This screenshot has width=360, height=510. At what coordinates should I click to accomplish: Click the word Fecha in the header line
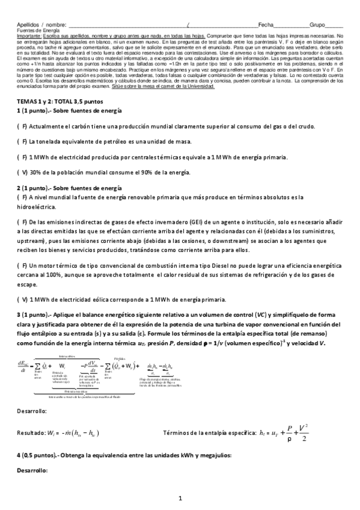pyautogui.click(x=265, y=25)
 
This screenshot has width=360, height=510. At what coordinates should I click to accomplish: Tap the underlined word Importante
pyautogui.click(x=28, y=35)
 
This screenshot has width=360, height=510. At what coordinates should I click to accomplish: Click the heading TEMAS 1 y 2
pyautogui.click(x=37, y=103)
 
